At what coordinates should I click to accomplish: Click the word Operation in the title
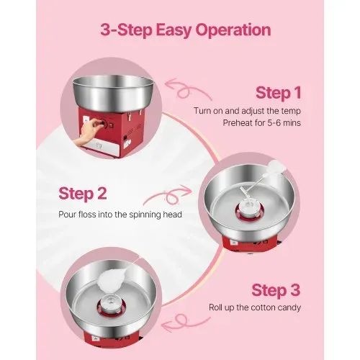(233, 30)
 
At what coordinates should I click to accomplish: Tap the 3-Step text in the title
(127, 30)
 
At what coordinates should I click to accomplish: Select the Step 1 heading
(279, 93)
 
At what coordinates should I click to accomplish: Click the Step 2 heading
(83, 194)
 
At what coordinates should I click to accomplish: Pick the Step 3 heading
(276, 290)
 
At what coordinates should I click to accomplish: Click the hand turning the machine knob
(87, 132)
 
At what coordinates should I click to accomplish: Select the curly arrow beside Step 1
(189, 89)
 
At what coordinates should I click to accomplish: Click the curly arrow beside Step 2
(168, 195)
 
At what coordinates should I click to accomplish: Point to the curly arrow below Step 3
(186, 323)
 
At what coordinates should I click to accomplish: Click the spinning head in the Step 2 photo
(250, 208)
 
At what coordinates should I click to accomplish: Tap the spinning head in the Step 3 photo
(112, 304)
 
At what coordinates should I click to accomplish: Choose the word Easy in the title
(174, 31)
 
